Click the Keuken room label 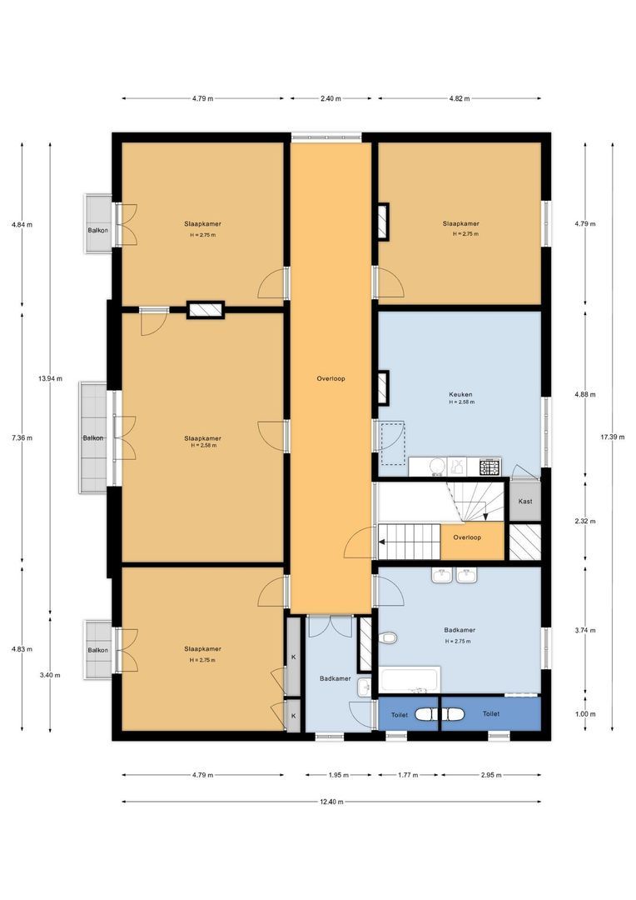[460, 395]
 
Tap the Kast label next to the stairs [525, 502]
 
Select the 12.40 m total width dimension [330, 802]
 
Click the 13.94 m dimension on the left [50, 378]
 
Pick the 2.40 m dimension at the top [330, 98]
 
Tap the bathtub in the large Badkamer [410, 680]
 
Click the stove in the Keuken [489, 467]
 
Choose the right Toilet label [491, 714]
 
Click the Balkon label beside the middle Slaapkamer [92, 437]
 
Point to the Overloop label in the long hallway [330, 378]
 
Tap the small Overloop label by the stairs [467, 537]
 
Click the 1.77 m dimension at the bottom [408, 775]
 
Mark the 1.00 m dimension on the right [586, 714]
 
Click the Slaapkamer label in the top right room [460, 223]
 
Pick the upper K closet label [293, 657]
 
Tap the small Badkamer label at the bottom [335, 679]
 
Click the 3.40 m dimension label [50, 676]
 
